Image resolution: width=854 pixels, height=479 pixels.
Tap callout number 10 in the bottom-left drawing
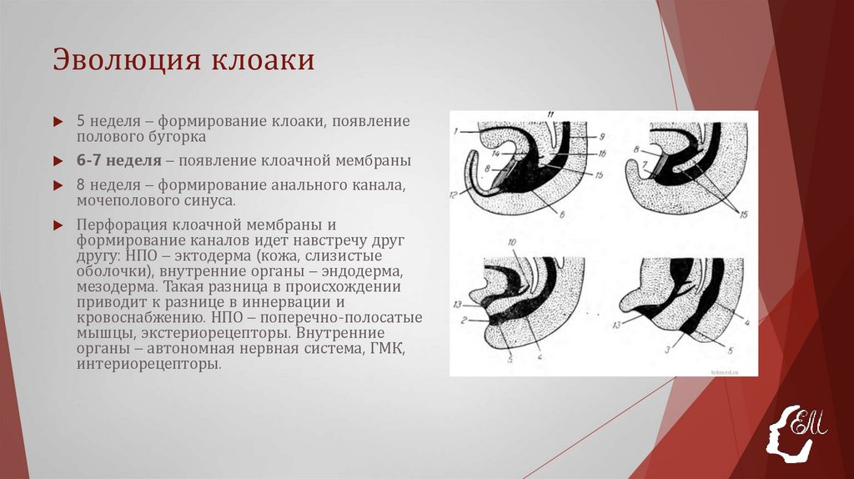[513, 243]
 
